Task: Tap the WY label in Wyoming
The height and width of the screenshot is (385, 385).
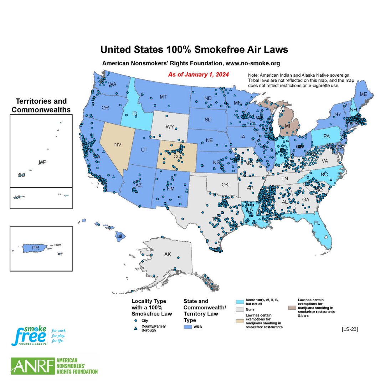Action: coord(170,127)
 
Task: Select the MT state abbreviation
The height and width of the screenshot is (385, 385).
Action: coord(163,97)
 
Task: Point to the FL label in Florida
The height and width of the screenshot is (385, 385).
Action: coord(317,224)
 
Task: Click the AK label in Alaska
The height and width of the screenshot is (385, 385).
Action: coord(168,255)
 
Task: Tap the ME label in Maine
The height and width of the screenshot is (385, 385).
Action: coord(363,94)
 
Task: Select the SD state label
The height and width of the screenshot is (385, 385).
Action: coord(208,119)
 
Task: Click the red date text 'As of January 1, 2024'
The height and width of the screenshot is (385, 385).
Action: coord(198,75)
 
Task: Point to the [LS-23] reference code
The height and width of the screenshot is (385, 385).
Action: coord(349,329)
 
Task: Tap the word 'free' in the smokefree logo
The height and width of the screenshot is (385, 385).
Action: coord(30,336)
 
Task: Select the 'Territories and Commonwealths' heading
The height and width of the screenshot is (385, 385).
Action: coord(41,106)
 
